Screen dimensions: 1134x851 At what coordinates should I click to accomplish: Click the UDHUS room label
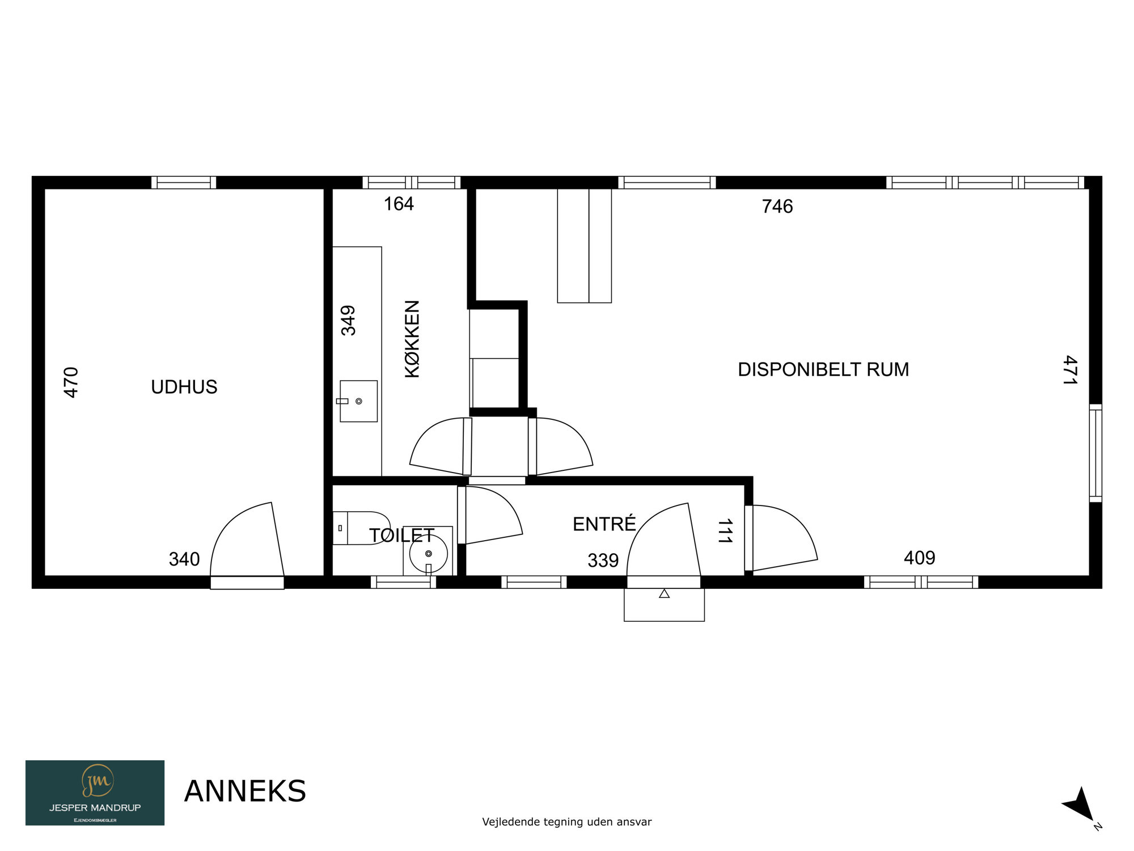184,387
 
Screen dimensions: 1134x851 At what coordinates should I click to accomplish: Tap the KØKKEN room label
412,339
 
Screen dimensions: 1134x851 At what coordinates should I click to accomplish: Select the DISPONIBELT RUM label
823,369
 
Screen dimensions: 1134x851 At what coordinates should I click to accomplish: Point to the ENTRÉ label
604,524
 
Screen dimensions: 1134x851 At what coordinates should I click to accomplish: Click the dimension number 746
777,207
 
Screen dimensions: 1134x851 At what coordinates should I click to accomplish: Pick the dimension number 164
399,204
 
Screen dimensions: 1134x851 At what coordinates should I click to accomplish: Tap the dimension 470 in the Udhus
71,382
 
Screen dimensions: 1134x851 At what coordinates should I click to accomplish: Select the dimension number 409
919,558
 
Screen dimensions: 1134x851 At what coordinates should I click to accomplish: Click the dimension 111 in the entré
725,531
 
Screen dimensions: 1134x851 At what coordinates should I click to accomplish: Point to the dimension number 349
348,321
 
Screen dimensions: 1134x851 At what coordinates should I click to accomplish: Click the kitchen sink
358,401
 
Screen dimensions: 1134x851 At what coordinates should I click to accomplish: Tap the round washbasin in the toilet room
428,554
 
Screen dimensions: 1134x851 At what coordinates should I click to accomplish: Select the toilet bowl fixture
361,528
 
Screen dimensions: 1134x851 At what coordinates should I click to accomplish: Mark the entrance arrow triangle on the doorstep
665,593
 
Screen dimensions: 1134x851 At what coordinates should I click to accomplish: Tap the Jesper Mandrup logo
95,793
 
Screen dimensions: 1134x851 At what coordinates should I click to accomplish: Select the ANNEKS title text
245,791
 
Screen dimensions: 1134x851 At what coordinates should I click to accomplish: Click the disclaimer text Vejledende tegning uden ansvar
567,821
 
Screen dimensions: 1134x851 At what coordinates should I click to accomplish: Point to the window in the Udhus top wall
184,183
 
